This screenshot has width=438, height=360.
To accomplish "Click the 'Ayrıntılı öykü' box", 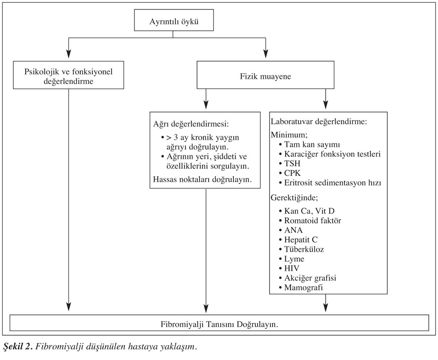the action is (174, 20).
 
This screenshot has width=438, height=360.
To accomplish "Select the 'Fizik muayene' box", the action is (266, 75).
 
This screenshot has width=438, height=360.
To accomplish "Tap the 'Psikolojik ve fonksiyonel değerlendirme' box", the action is (68, 75).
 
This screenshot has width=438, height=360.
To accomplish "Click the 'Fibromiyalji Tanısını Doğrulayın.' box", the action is (219, 323).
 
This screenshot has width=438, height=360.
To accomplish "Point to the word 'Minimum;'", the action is (289, 135).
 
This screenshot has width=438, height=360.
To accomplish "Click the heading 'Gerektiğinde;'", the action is (294, 198).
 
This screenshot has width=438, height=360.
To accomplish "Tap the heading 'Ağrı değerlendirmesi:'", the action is (191, 124).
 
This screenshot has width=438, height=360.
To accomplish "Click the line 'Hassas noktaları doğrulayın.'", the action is (202, 179).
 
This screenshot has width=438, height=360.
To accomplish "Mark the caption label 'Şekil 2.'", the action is (18, 347).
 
